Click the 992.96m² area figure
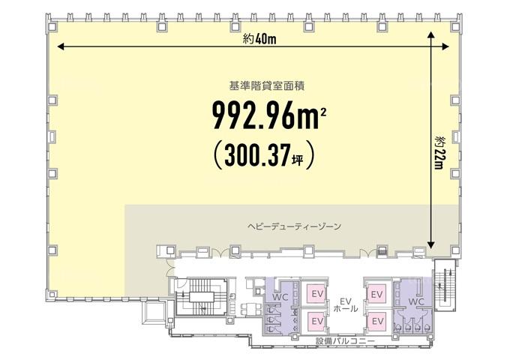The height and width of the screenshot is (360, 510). coord(269,115)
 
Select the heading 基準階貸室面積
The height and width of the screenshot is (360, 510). coord(267,85)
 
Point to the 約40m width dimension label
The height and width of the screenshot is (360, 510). coord(259,39)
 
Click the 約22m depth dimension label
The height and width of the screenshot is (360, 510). coord(439,153)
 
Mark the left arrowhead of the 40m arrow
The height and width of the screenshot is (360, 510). coord(60,46)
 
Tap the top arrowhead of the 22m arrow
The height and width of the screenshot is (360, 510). coord(431,34)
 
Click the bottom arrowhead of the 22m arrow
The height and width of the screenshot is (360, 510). coord(431,245)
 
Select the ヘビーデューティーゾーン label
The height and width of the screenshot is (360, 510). coord(294,226)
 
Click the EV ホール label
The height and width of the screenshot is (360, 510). coord(346,304)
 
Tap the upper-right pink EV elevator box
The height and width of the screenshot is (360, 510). coord(376,294)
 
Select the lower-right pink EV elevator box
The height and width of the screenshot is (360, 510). coord(376,321)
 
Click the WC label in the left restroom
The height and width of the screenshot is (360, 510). coord(280,297)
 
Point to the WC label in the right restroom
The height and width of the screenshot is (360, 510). coord(416,301)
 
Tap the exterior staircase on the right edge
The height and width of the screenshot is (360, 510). coord(445,286)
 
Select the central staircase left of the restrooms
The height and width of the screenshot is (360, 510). coord(202,296)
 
